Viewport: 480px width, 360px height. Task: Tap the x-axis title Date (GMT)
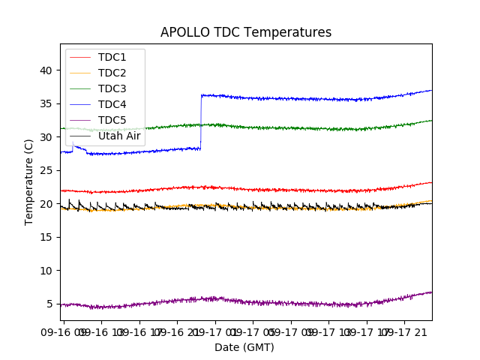244,347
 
